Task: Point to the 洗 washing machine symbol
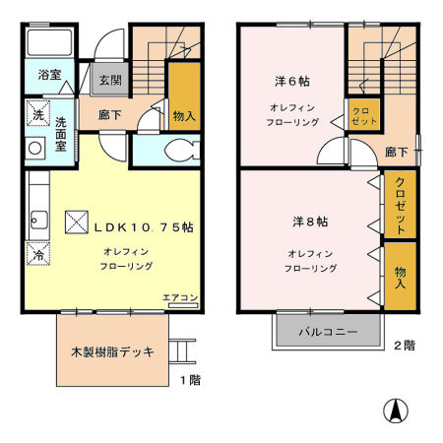[34, 113]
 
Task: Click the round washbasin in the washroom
[34, 150]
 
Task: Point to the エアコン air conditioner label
[181, 297]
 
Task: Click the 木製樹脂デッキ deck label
[111, 351]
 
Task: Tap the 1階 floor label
[193, 379]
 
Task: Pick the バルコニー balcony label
[328, 333]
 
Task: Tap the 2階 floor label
[405, 346]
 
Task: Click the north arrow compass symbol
[394, 412]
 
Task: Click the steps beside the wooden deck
[184, 349]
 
